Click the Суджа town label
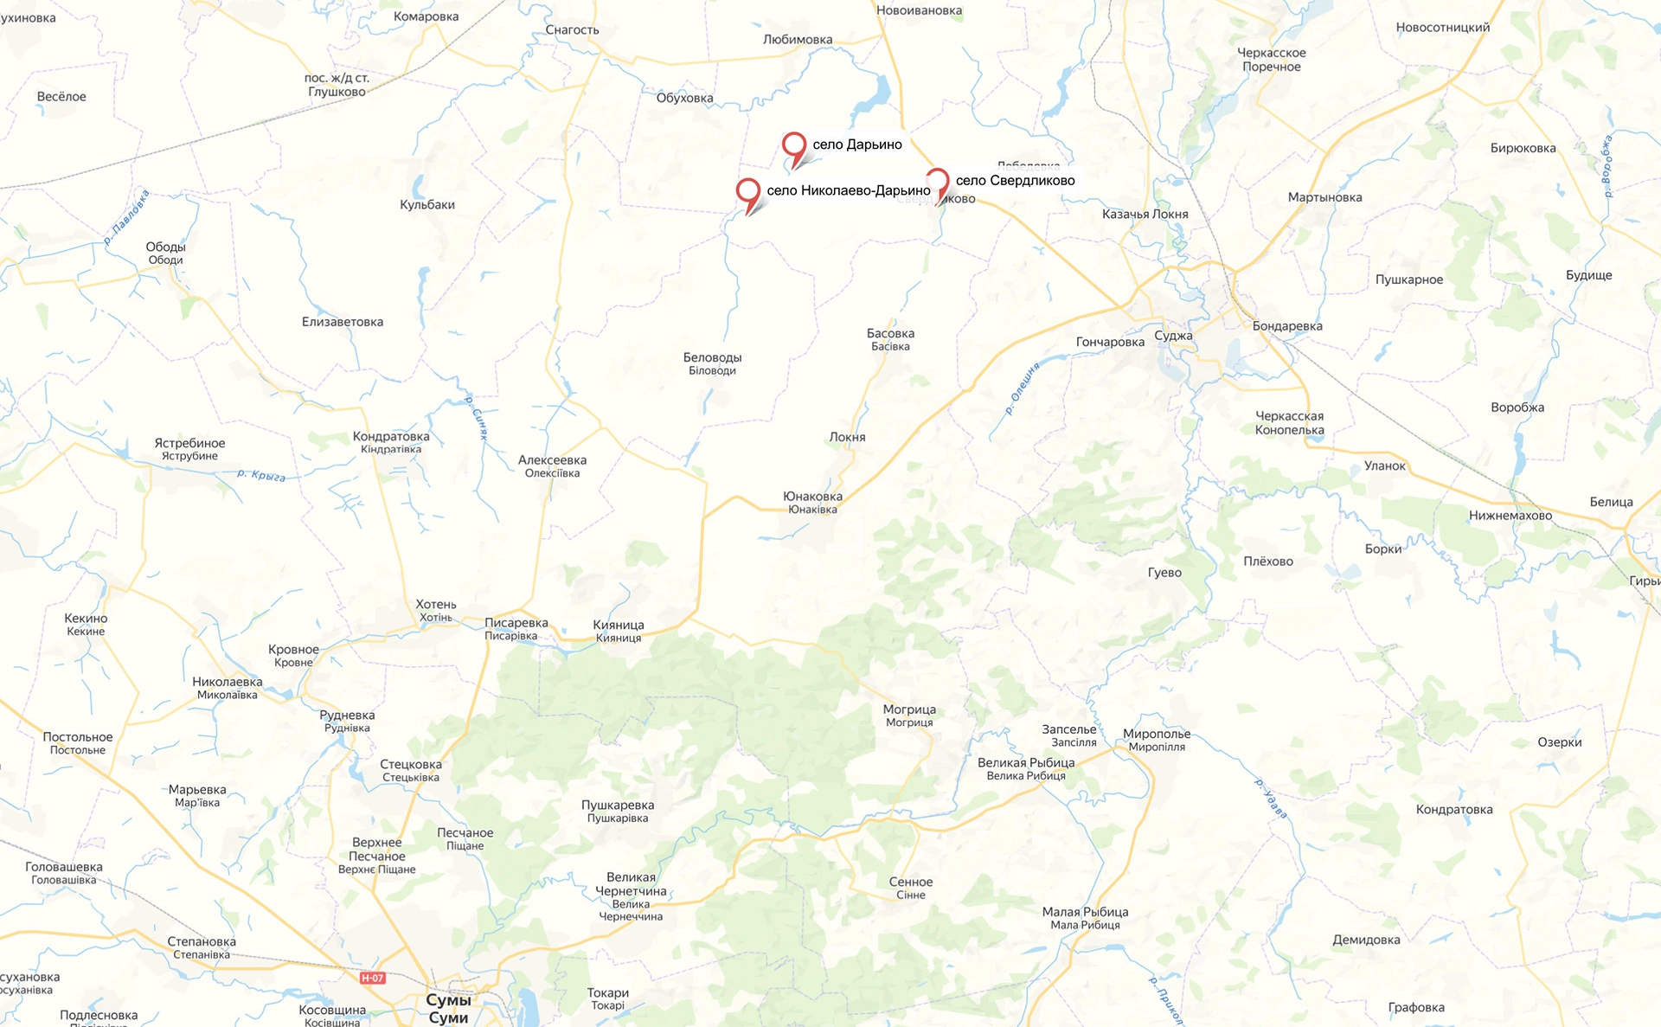(x=1173, y=336)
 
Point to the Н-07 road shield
(x=373, y=978)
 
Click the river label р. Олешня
(x=1023, y=388)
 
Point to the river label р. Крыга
(x=261, y=475)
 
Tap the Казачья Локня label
(x=1145, y=215)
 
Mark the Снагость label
(x=572, y=30)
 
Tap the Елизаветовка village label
(x=343, y=322)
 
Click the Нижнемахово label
(x=1510, y=516)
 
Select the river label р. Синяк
(x=477, y=419)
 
